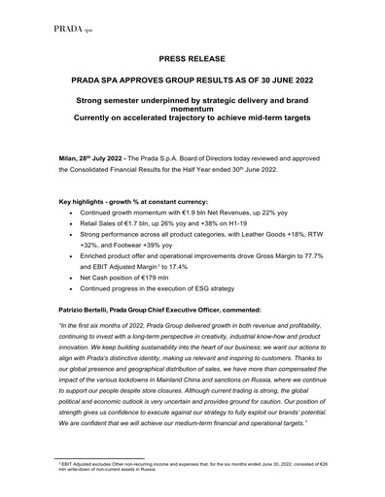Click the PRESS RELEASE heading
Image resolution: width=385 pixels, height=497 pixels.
click(192, 58)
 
